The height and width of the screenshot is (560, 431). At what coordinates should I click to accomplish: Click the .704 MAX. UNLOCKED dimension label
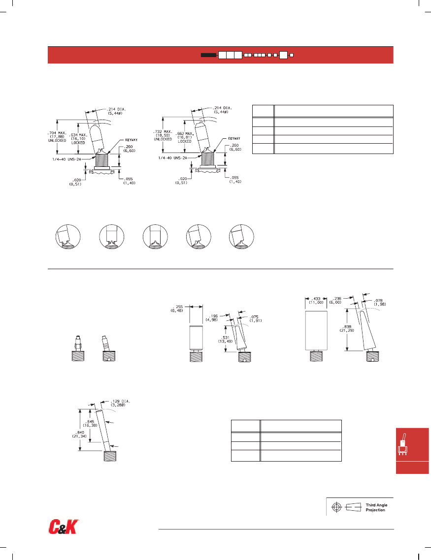coord(58,136)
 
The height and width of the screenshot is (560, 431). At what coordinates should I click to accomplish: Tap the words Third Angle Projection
coord(375,507)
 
